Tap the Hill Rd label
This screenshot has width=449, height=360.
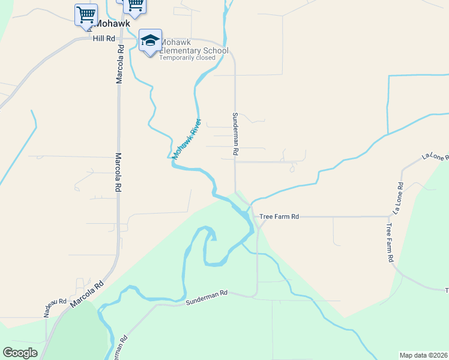pos(103,38)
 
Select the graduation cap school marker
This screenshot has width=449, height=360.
pos(150,41)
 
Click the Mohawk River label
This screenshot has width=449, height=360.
pos(186,138)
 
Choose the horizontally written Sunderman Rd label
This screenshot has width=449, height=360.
pos(207,293)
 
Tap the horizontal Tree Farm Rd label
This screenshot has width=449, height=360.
pos(279,216)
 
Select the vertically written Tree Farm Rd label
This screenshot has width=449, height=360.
pos(390,242)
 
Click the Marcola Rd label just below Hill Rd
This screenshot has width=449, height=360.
pos(119,64)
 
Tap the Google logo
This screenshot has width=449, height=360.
pos(20,353)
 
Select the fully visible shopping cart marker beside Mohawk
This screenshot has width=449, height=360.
pos(86,14)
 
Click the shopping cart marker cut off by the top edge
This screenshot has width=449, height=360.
pos(134,5)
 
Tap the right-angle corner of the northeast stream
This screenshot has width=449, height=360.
pos(389,76)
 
